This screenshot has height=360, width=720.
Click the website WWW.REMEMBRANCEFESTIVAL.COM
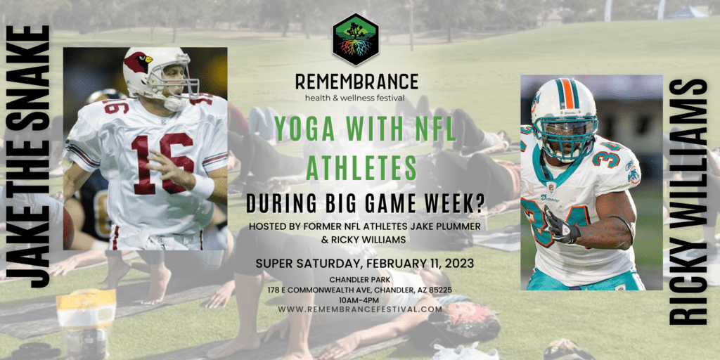(360, 309)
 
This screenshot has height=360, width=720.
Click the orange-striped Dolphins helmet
(564, 112)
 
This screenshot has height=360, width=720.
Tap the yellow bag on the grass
(86, 317)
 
